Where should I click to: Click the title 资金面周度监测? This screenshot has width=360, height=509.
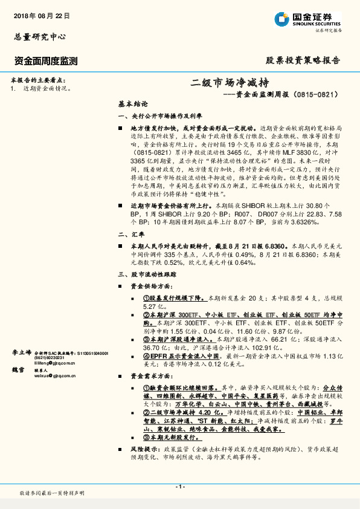(x=45, y=60)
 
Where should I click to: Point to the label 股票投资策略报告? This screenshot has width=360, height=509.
(x=303, y=60)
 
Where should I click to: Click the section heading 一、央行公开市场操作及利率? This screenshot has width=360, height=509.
(x=159, y=115)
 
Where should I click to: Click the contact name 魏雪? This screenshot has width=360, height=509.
(x=18, y=370)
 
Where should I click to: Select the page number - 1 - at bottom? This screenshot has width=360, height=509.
(x=179, y=487)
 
